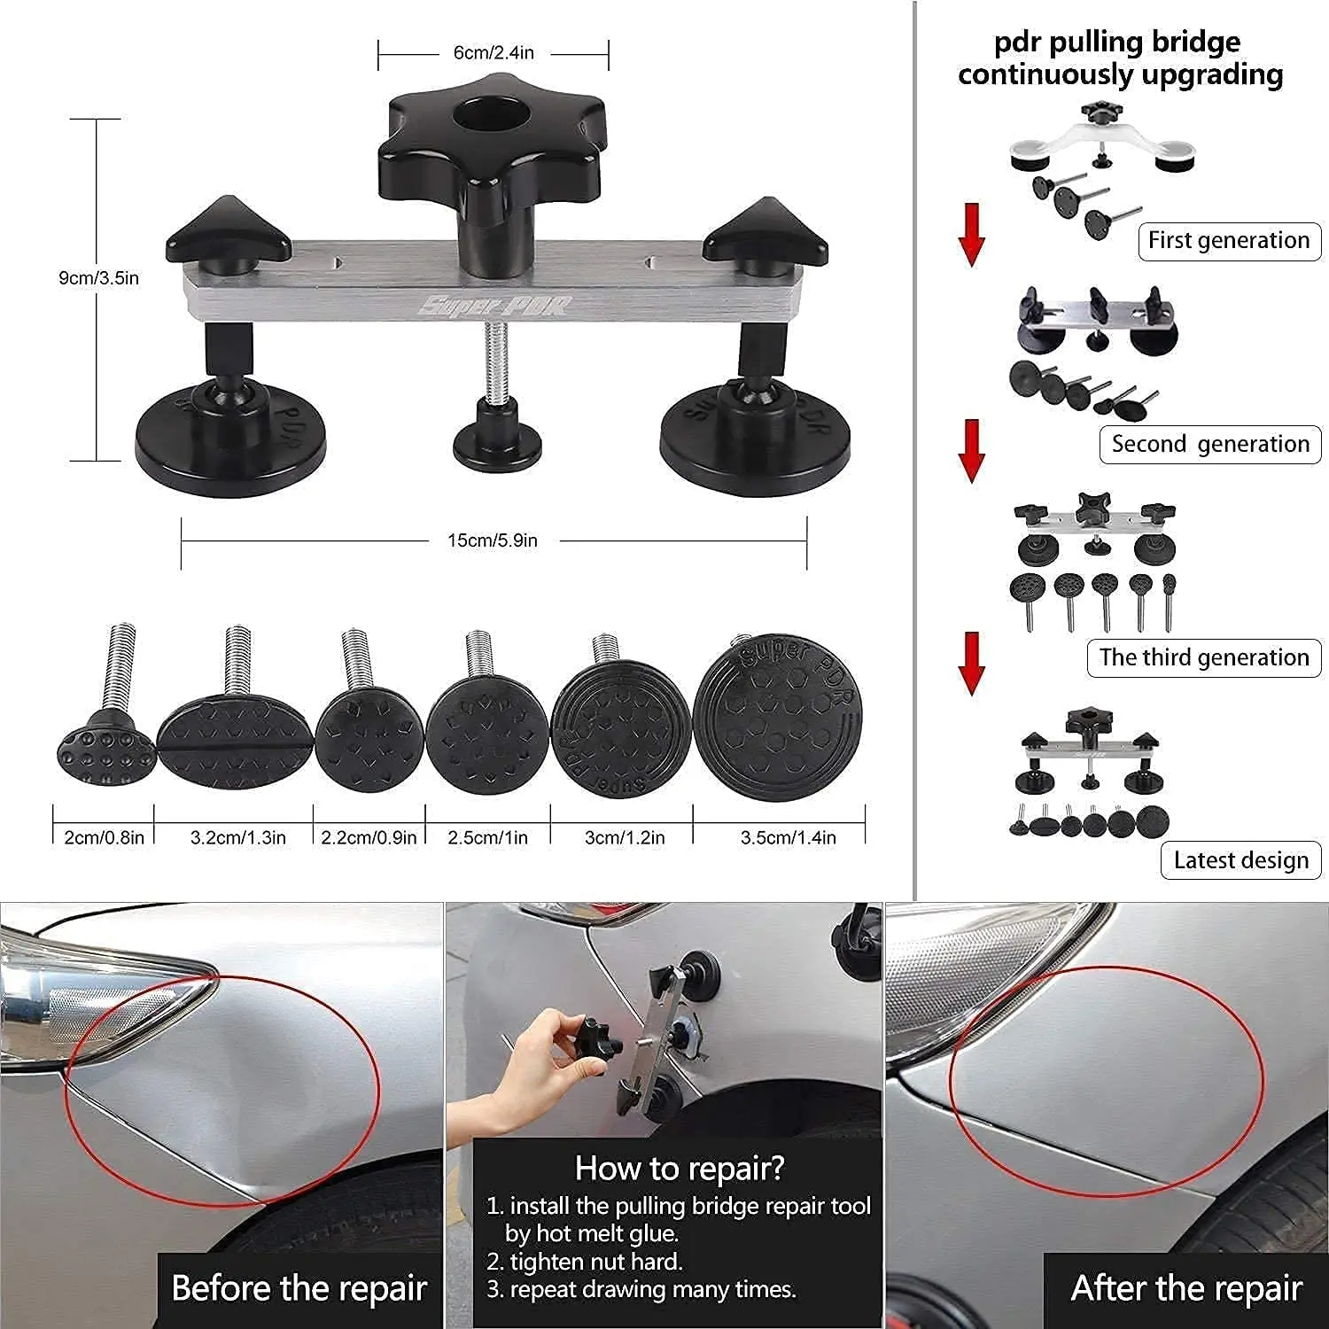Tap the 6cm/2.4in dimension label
tap(494, 53)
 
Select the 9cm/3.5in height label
tap(98, 278)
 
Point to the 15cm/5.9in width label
tap(493, 540)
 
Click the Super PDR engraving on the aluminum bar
tap(494, 307)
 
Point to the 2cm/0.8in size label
tap(104, 837)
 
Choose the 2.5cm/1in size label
tap(487, 837)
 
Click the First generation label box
tap(1229, 241)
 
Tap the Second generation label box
tap(1210, 444)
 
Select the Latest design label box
tap(1240, 860)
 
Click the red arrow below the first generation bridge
tap(972, 235)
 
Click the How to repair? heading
tap(680, 1169)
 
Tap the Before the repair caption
tap(299, 1288)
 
